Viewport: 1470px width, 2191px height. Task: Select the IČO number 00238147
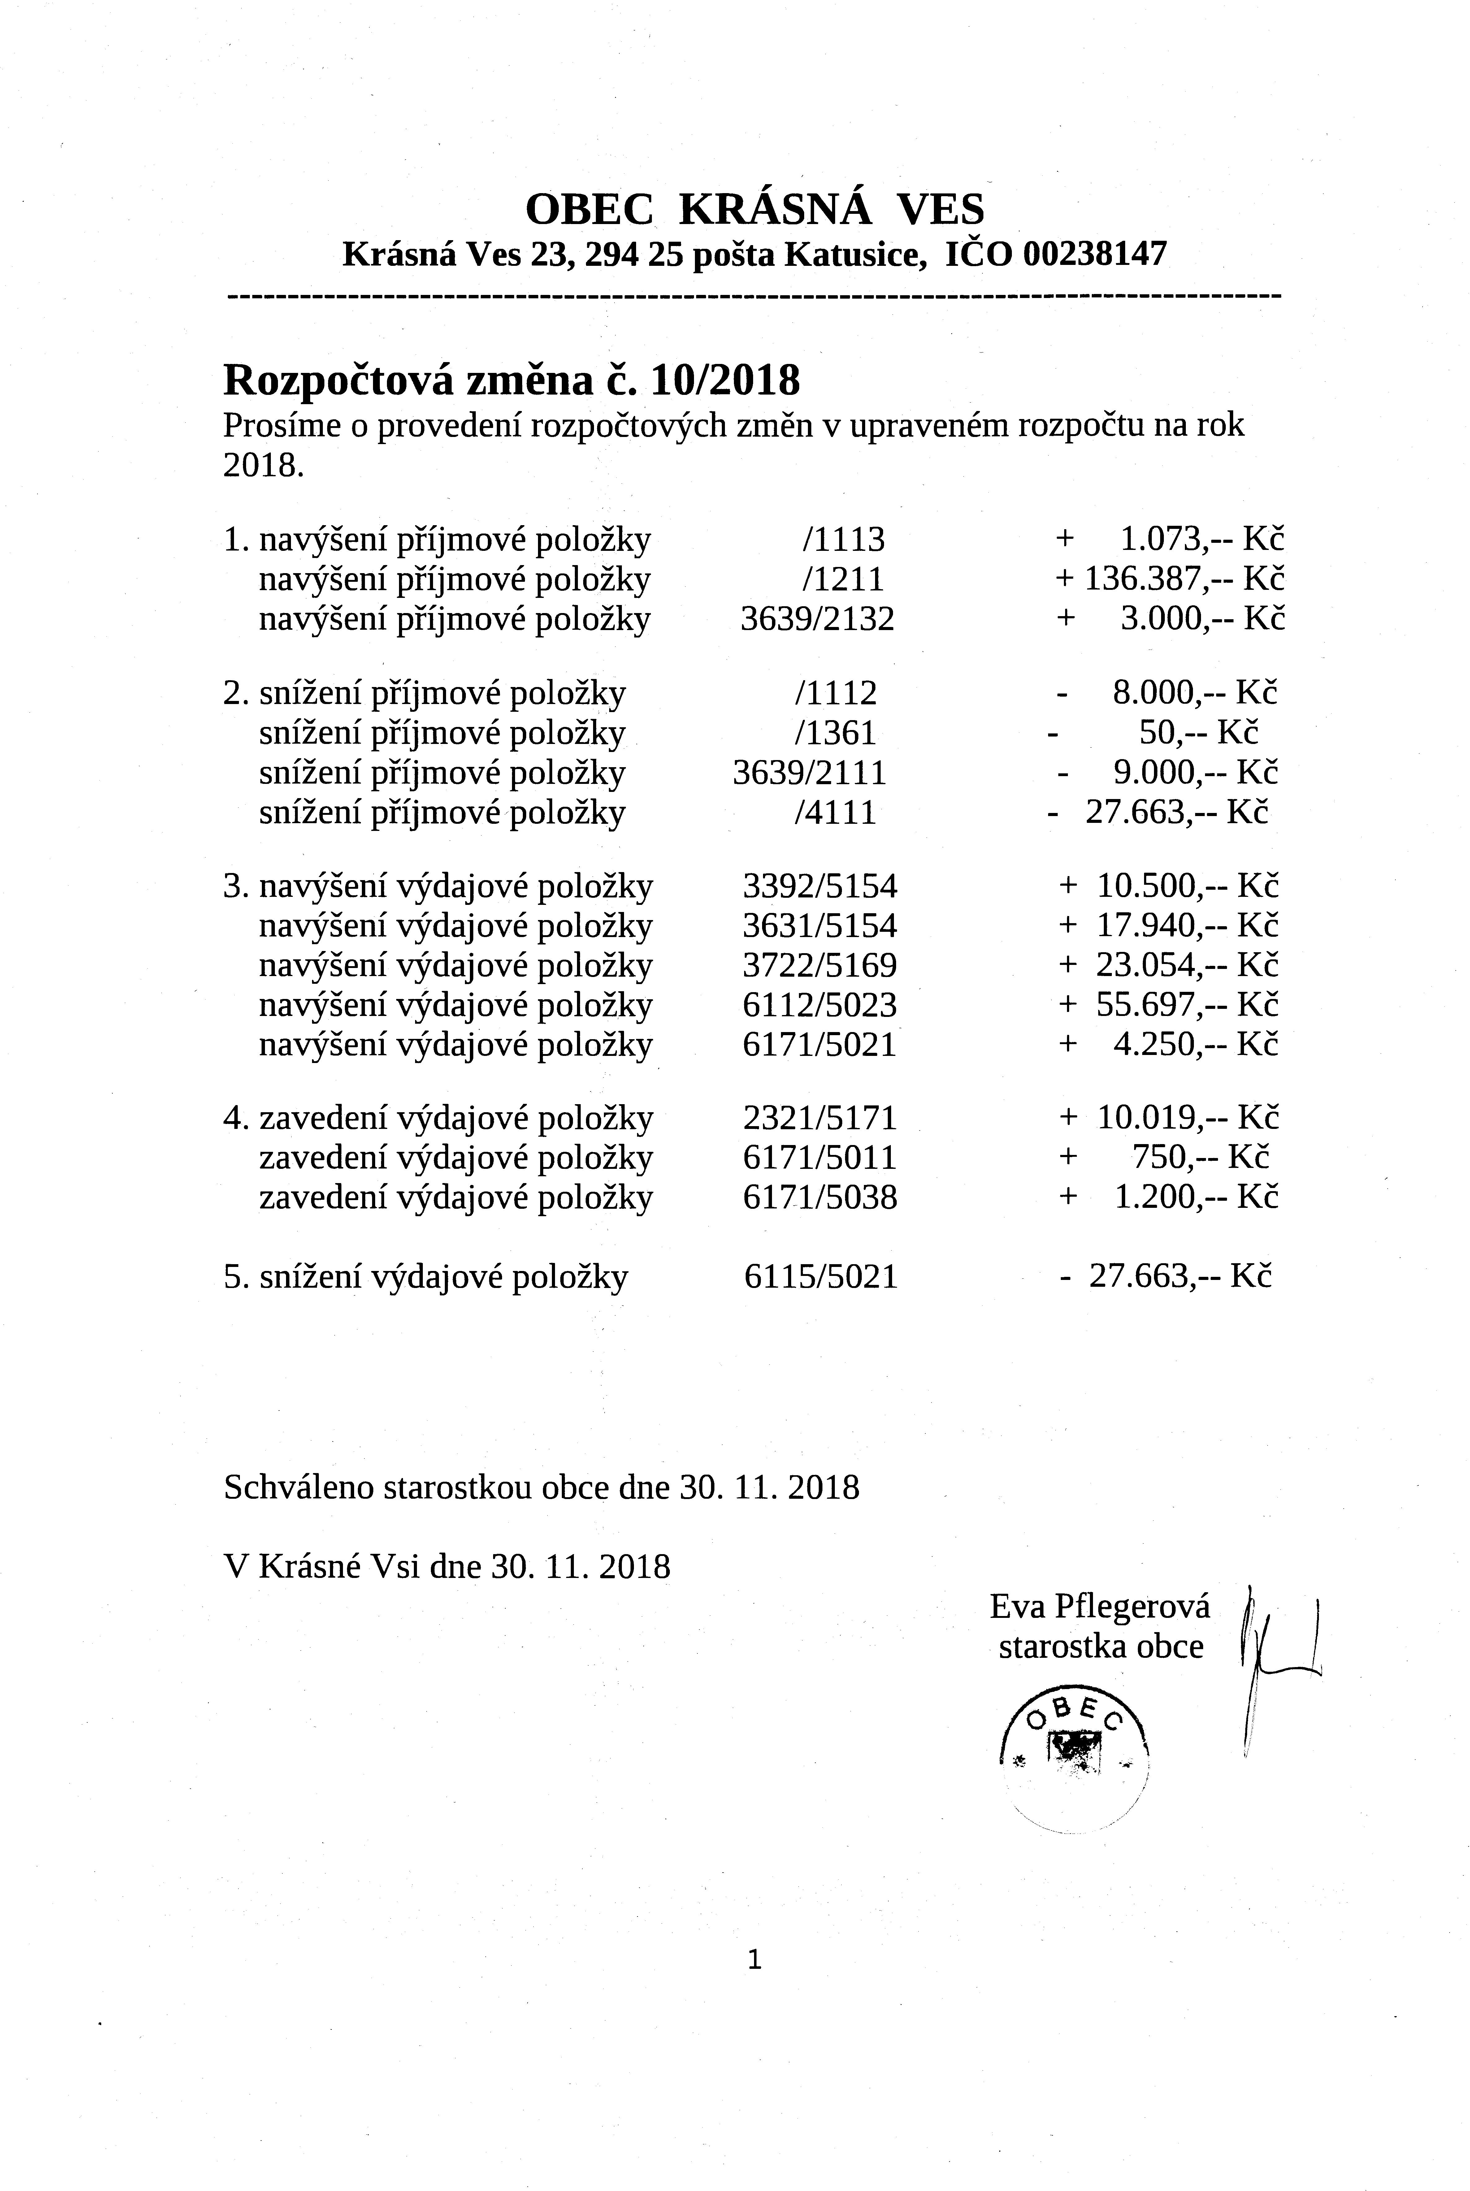[1095, 254]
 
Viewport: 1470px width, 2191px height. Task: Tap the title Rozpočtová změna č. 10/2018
[512, 380]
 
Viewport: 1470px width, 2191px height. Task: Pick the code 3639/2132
[817, 620]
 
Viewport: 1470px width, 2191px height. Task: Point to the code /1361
[835, 733]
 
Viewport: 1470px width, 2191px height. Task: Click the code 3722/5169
[819, 965]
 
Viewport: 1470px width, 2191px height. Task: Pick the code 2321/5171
[819, 1118]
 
